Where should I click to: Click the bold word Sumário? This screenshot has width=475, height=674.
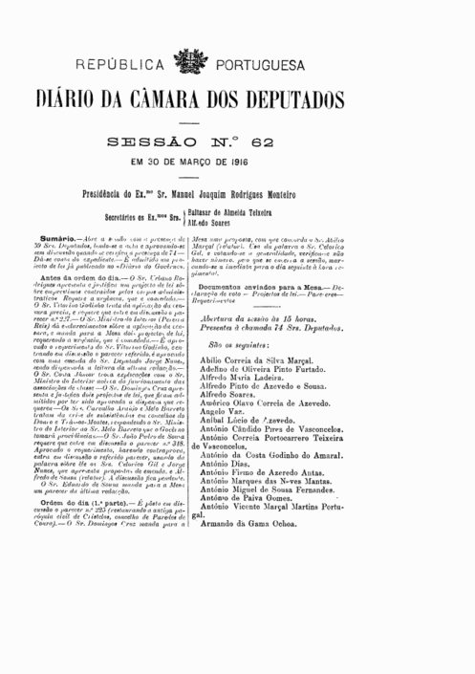(60, 233)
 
